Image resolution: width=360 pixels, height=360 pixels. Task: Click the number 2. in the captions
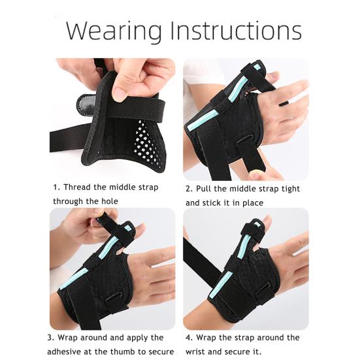189,189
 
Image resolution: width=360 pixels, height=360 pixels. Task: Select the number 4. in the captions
189,338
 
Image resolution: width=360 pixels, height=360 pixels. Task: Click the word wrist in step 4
198,352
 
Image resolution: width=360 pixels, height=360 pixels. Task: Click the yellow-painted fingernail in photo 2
257,176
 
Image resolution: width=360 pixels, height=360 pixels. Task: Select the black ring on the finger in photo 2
285,103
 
